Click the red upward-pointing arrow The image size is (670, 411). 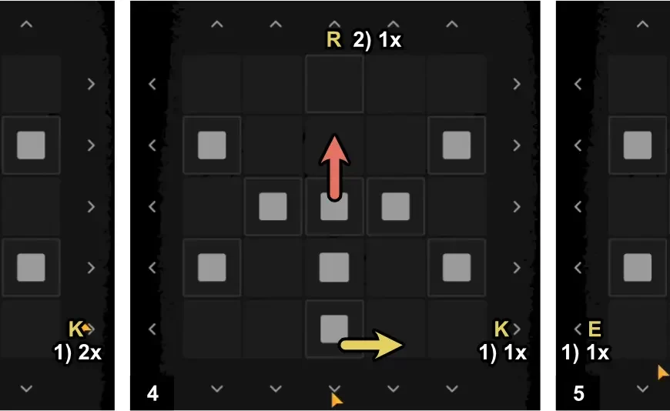point(334,168)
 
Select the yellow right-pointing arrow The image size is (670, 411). point(371,344)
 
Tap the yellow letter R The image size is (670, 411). point(333,40)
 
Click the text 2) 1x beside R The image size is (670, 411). point(377,40)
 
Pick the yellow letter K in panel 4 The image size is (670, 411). point(501,329)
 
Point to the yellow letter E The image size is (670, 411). point(595,329)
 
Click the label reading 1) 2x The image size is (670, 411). point(77,353)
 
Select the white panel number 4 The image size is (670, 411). point(152,393)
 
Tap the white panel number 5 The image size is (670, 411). point(578,393)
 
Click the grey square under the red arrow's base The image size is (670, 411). point(334,207)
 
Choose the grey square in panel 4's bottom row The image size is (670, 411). point(334,329)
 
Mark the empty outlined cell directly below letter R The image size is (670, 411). point(334,84)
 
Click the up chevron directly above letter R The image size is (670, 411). point(334,24)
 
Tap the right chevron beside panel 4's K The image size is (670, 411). point(517,329)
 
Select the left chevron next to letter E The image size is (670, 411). point(578,329)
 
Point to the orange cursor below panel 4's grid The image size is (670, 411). point(337,400)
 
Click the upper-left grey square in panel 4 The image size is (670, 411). point(212,145)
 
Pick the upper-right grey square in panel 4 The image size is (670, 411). point(457,145)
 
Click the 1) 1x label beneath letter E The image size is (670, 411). point(585,353)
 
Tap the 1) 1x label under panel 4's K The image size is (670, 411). point(502,353)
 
